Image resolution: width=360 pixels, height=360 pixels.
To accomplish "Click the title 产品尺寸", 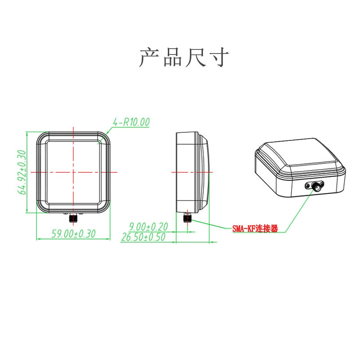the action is click(x=184, y=57).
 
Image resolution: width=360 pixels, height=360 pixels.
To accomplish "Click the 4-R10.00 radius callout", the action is click(x=131, y=122).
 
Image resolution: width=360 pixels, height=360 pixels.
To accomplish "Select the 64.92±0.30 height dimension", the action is click(x=22, y=172).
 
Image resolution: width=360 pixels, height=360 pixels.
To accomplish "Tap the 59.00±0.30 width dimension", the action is click(x=73, y=234).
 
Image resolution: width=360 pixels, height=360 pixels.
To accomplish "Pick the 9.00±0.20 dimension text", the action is click(x=148, y=227).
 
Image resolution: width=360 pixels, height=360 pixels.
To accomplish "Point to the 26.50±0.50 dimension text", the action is click(x=143, y=237).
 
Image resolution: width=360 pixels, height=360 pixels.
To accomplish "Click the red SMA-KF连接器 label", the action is click(x=255, y=229).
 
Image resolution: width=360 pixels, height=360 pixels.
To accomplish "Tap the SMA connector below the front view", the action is click(x=73, y=218).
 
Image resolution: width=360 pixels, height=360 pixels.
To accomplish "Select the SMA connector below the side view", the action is click(x=187, y=217).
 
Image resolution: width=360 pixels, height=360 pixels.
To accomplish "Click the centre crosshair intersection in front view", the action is click(x=73, y=172).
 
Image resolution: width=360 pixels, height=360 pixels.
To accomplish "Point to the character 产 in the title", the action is click(x=149, y=57).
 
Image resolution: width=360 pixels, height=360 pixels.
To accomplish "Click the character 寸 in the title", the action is click(x=219, y=57).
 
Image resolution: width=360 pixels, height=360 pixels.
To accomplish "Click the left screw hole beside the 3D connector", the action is click(x=307, y=186).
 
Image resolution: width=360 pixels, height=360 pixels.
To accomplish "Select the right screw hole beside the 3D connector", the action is click(x=322, y=184).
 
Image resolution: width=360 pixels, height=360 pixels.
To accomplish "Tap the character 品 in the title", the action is click(x=173, y=57).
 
